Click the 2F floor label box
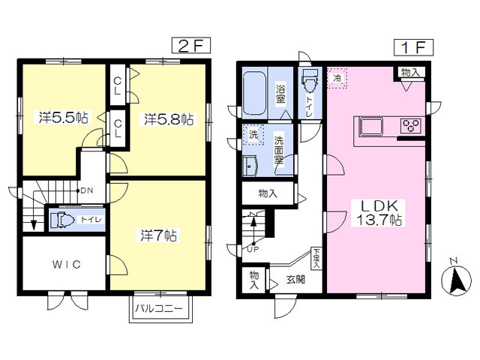tap(191, 46)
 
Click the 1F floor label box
tap(413, 48)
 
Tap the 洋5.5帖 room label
tap(64, 118)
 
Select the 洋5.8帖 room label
tap(169, 119)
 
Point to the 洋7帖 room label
tap(158, 235)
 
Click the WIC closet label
tap(67, 264)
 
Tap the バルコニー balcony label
tap(159, 308)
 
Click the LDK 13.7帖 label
tap(379, 212)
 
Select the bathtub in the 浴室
tap(254, 93)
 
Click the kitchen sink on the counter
tap(372, 127)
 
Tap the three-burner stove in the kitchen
tap(411, 125)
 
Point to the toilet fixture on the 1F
tap(310, 80)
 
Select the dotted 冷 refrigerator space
tap(337, 78)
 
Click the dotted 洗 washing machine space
tap(253, 134)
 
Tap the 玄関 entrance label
tap(295, 280)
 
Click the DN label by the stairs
tap(86, 190)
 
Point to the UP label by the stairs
tap(253, 249)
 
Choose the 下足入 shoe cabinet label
tap(316, 258)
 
